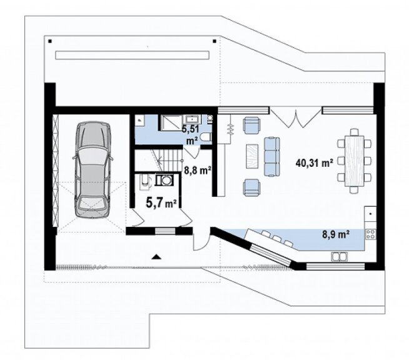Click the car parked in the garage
tap(93, 170)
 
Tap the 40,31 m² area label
tap(314, 163)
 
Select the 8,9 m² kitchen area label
tap(336, 235)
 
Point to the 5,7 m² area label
tap(162, 202)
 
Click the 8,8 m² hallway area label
tap(198, 171)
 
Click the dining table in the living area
tap(354, 161)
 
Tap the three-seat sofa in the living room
tap(272, 157)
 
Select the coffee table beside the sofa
tap(252, 156)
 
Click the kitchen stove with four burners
tap(371, 234)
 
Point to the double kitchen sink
tap(339, 256)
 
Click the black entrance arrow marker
tap(156, 257)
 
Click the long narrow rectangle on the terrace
tap(132, 55)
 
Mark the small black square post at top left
tap(50, 41)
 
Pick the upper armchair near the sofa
tap(252, 125)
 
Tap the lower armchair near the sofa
tap(252, 187)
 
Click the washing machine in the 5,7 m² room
tap(164, 180)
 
